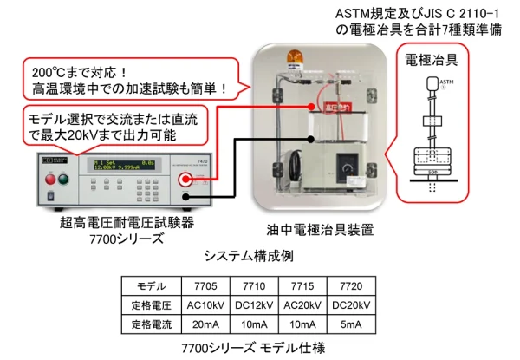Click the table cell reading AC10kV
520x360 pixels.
tap(209, 305)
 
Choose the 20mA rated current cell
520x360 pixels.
tap(209, 324)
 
